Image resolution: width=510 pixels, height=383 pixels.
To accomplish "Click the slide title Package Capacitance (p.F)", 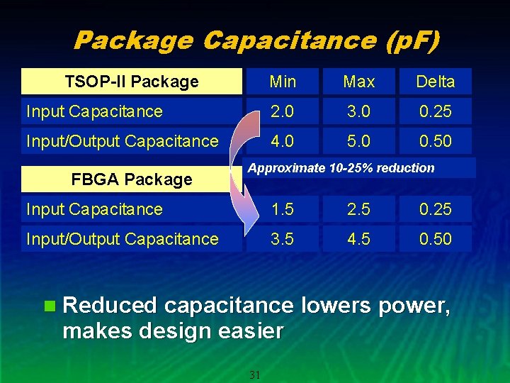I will point(256,40).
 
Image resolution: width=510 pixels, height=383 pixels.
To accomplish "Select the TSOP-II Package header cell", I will point(132,82).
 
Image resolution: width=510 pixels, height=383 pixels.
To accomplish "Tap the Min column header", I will point(283,82).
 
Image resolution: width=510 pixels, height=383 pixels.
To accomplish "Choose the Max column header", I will point(358,82).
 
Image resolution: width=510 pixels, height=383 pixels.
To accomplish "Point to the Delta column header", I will point(435,82).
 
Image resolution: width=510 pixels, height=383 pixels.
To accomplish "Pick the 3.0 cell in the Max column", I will point(358,111).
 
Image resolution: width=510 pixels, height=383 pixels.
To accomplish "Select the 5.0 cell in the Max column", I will point(358,141).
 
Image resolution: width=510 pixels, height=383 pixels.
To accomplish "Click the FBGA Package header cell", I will point(132,179).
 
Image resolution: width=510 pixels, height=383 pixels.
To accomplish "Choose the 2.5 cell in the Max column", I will point(358,209).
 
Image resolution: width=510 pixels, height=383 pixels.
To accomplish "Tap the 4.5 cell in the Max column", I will point(358,239).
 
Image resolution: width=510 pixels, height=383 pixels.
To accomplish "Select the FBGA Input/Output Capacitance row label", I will point(123,239).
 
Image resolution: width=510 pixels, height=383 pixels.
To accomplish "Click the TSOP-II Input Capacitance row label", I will point(94,111).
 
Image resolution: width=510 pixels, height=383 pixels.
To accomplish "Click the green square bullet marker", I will point(49,306).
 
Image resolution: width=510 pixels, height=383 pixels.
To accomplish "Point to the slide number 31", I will point(255,374).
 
